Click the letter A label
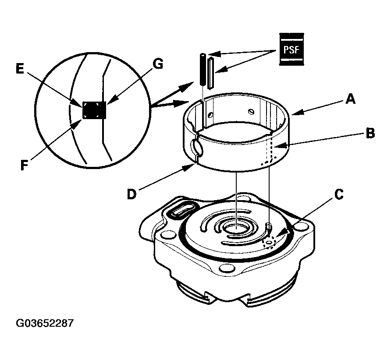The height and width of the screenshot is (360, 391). click(349, 100)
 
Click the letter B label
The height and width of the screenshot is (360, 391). click(370, 134)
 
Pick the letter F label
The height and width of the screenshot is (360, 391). click(25, 166)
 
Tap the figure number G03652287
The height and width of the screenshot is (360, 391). click(45, 324)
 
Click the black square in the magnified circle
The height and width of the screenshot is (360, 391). click(94, 110)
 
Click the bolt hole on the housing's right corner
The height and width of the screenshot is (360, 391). click(300, 227)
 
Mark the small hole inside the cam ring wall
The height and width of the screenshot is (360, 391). click(212, 115)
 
